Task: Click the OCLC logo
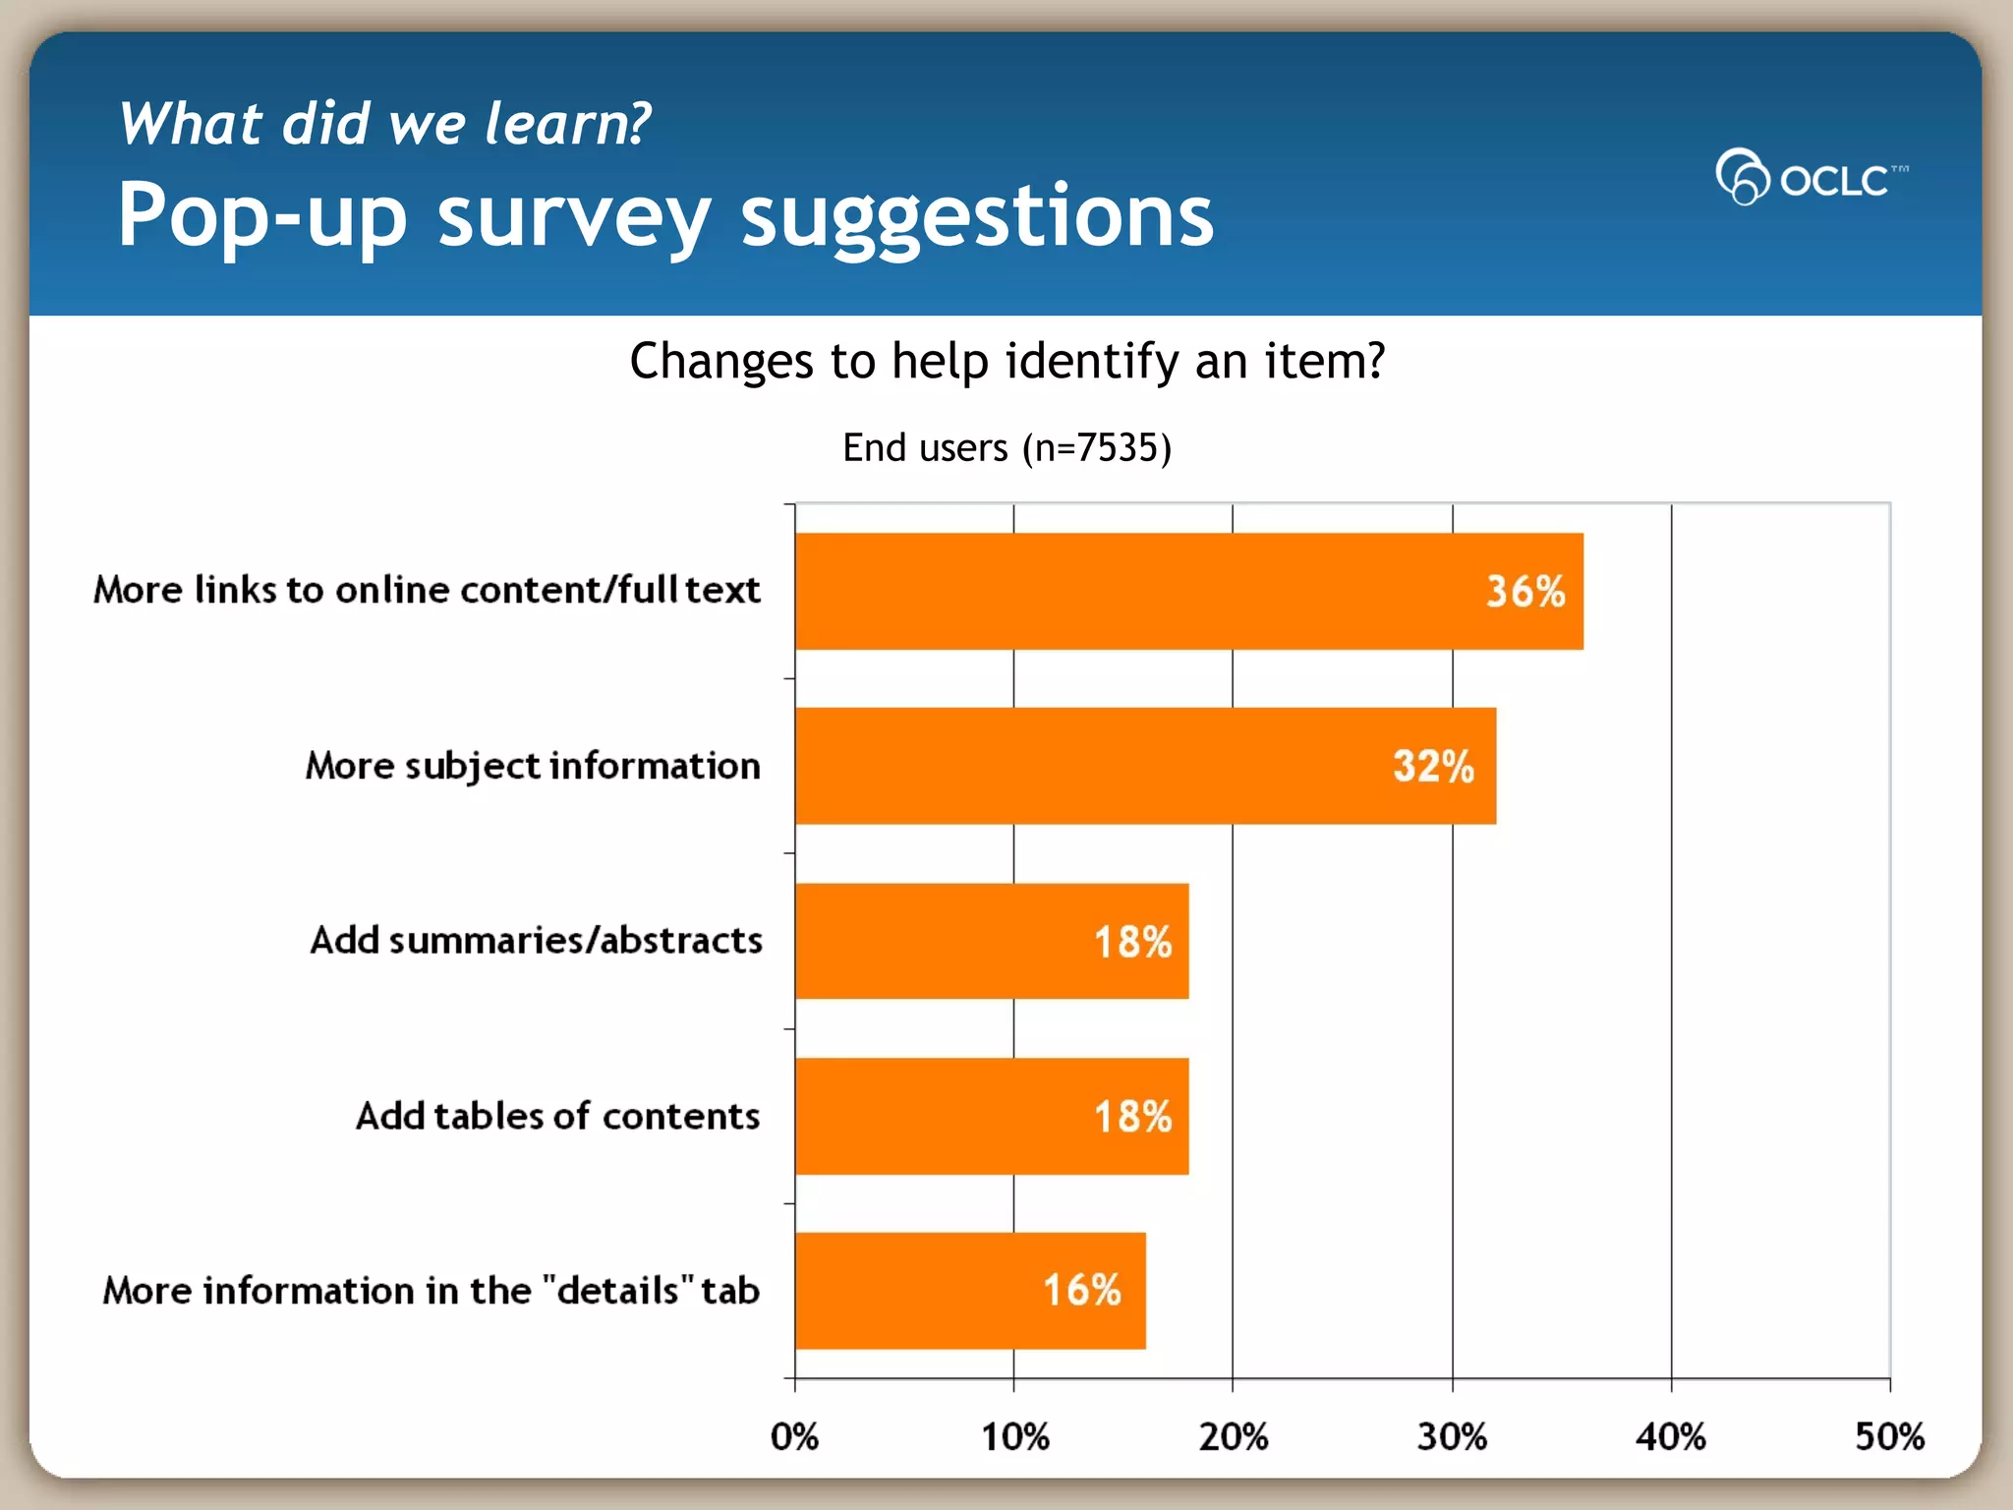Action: pyautogui.click(x=1811, y=177)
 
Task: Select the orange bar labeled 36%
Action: pyautogui.click(x=1188, y=591)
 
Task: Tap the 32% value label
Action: pyautogui.click(x=1433, y=766)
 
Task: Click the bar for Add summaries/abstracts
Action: pyautogui.click(x=991, y=941)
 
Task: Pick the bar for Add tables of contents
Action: pyautogui.click(x=991, y=1116)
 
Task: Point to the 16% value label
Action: pyautogui.click(x=1081, y=1290)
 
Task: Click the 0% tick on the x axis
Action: pyautogui.click(x=794, y=1436)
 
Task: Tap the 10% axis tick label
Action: pyautogui.click(x=1014, y=1436)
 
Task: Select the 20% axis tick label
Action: pyautogui.click(x=1233, y=1436)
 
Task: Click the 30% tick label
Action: pyautogui.click(x=1452, y=1436)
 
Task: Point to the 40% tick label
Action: pyautogui.click(x=1670, y=1436)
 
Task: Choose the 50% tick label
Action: pyautogui.click(x=1888, y=1436)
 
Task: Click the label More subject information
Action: pyautogui.click(x=533, y=766)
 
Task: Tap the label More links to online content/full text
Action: pyautogui.click(x=427, y=590)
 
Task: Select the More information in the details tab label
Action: pyautogui.click(x=431, y=1290)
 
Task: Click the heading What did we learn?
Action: pyautogui.click(x=384, y=124)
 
